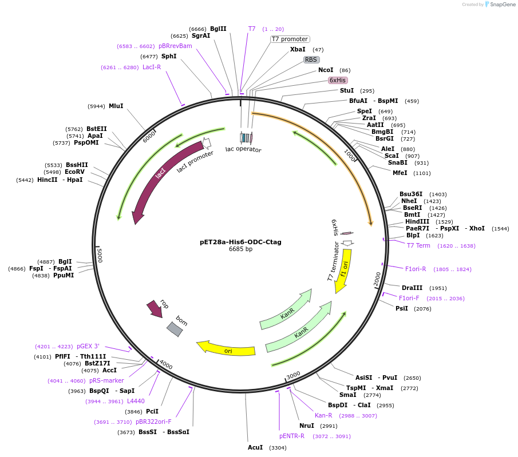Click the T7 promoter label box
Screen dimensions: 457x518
tap(290, 39)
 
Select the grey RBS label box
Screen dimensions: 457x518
tap(311, 59)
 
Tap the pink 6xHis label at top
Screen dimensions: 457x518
tap(338, 80)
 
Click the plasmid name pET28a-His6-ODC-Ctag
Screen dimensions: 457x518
tap(240, 242)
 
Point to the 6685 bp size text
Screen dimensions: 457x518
tap(240, 249)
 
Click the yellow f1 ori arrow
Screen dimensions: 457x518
tap(343, 269)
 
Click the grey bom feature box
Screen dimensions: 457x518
tap(175, 329)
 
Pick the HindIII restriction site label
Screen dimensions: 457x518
tap(417, 221)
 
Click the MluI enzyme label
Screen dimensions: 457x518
tap(116, 106)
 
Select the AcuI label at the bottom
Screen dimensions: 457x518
tap(255, 447)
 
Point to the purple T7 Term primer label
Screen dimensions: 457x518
tap(418, 245)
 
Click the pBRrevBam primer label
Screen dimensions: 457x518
tap(175, 46)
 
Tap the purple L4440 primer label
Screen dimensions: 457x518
tap(136, 401)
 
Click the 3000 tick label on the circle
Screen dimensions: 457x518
tap(294, 375)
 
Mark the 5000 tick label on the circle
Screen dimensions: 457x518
tap(99, 255)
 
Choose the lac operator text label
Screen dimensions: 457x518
tap(243, 149)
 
